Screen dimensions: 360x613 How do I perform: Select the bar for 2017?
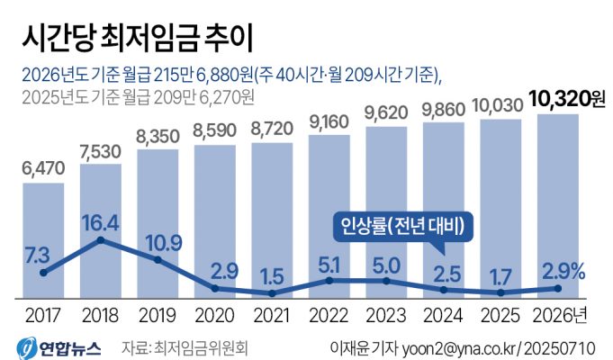coord(42,238)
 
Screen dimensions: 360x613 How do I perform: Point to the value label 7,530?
coord(100,148)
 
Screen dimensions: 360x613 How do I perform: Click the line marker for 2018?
coord(100,240)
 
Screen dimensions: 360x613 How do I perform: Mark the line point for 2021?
coord(271,293)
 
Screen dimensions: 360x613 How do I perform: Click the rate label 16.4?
coord(100,220)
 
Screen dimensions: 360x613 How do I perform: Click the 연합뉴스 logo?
coord(59,346)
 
